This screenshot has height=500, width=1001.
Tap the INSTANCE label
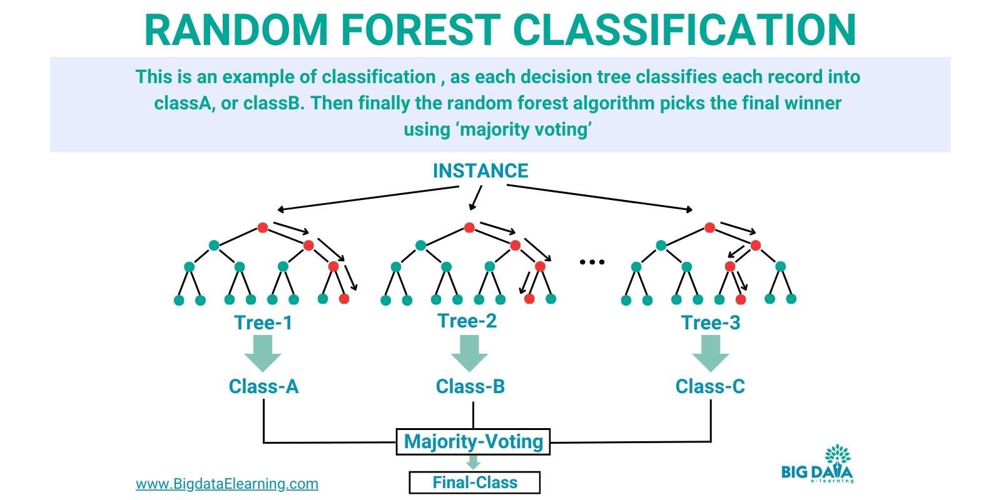coord(480,171)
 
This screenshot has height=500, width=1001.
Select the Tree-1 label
coord(263,322)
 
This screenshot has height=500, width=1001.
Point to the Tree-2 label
coord(467,321)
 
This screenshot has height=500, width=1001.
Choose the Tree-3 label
coord(711,322)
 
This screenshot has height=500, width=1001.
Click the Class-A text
coord(263,386)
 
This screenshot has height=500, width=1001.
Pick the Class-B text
coord(470,386)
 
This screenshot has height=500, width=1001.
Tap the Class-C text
coord(710,386)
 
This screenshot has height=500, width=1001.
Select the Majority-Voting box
coord(474,441)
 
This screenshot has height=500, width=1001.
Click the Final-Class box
coord(475,482)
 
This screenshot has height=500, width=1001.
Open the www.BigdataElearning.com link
coord(227,484)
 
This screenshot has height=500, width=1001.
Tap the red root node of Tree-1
coord(263,227)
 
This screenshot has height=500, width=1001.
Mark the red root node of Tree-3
coord(709,227)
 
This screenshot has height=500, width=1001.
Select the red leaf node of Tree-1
coord(343,299)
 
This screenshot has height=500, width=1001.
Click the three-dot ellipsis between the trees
coord(592,262)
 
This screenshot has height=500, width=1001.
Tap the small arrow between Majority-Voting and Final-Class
coord(474,462)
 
